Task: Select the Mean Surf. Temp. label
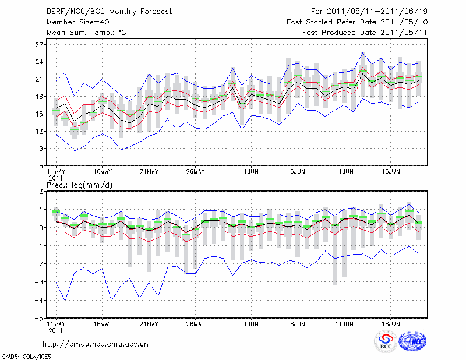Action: point(86,33)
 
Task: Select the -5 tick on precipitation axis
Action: point(40,318)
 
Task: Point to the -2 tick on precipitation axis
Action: point(40,264)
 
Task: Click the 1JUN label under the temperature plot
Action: point(251,172)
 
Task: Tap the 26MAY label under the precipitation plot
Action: point(195,324)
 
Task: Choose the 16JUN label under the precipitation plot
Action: point(390,324)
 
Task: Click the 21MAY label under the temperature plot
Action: point(149,172)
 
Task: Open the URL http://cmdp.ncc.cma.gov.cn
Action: point(96,344)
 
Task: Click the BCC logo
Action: point(386,342)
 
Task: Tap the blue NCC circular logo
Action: point(412,342)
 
